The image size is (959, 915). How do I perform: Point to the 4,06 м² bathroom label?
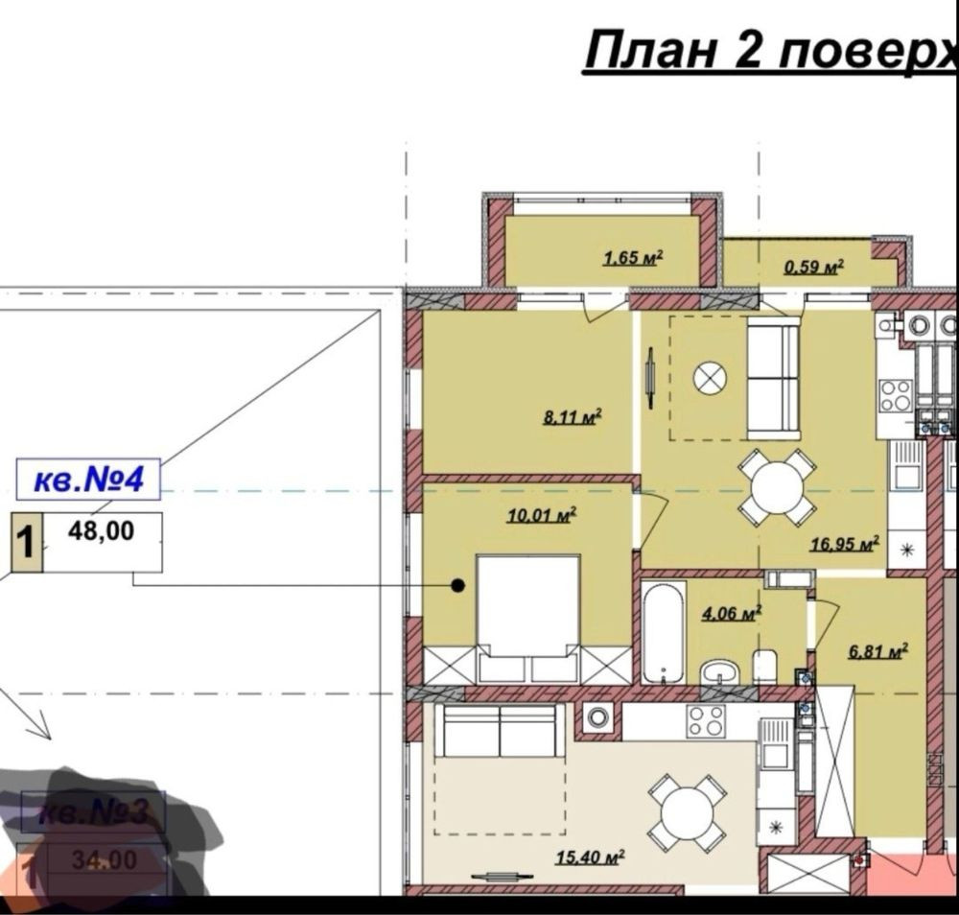tap(731, 613)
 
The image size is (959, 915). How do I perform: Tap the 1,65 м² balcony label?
tap(634, 257)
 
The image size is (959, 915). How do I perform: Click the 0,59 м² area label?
tap(813, 266)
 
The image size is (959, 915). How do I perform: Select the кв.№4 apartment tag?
tap(87, 480)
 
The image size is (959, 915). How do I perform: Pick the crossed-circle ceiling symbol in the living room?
tap(709, 378)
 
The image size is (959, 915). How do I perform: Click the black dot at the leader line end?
tap(458, 584)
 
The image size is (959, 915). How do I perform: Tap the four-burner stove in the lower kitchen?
tap(705, 720)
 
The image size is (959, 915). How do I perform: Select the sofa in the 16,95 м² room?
tap(773, 377)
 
